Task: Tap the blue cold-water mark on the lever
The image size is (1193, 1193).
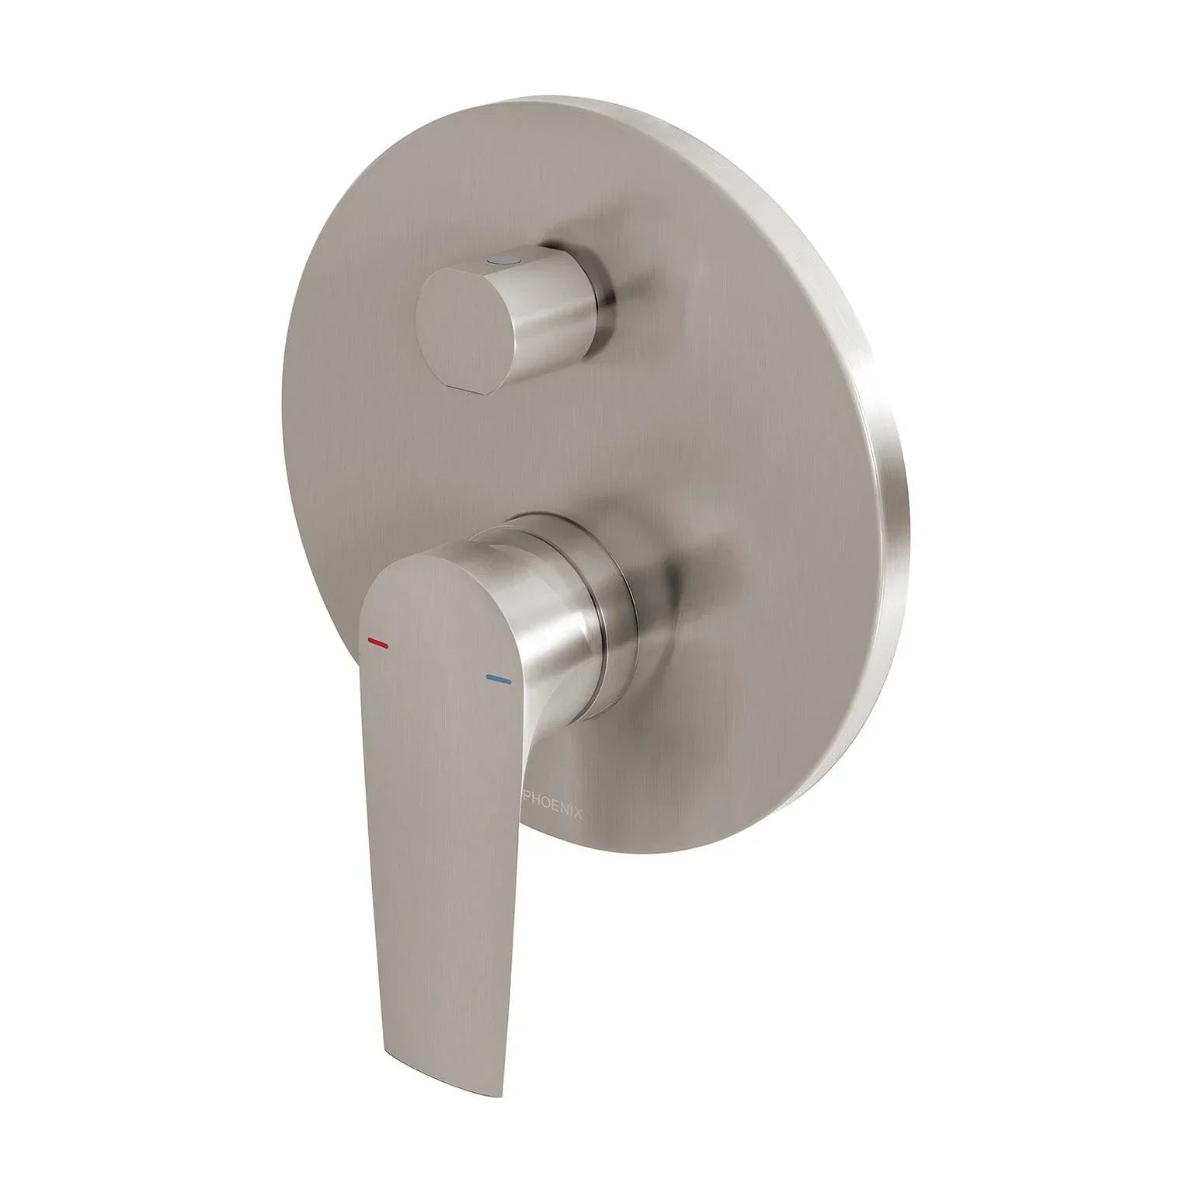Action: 498,679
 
